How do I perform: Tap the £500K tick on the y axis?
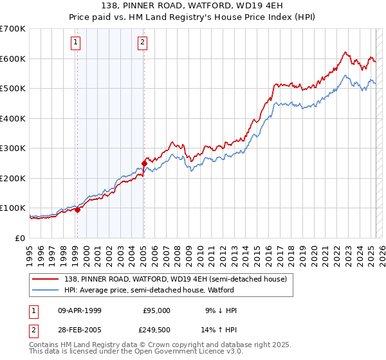point(12,88)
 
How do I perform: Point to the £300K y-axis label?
point(12,148)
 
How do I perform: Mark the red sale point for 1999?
point(77,210)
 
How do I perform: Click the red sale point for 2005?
point(144,163)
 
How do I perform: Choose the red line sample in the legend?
point(47,278)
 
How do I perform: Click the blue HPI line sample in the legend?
point(47,290)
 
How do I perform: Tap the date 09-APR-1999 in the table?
point(79,310)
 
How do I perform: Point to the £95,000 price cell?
point(156,310)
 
